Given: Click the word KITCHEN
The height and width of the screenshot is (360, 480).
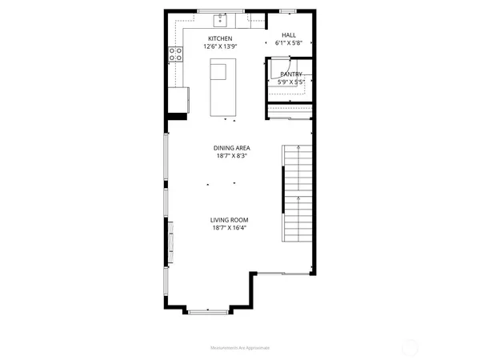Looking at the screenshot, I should [x=220, y=38].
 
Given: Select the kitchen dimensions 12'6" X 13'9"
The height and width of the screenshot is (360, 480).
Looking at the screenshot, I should [x=220, y=46].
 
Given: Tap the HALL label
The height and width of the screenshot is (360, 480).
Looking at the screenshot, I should [x=290, y=36].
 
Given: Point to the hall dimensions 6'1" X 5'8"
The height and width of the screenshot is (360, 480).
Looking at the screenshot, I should [x=290, y=44].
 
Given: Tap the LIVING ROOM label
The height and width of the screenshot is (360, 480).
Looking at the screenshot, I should [x=230, y=219].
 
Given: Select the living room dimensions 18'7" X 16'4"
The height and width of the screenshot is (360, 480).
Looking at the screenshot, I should [x=230, y=228].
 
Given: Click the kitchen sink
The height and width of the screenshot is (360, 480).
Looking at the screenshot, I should [x=220, y=20].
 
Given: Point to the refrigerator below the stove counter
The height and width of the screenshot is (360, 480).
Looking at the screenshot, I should [x=178, y=99].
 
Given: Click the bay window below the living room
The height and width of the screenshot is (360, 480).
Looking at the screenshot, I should [x=209, y=310].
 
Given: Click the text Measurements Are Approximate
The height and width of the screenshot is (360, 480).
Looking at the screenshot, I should [x=240, y=348].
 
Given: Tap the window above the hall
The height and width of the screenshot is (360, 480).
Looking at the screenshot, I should [x=286, y=11].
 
